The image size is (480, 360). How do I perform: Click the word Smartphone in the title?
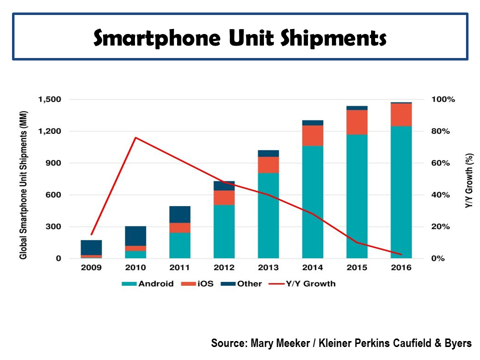click(164, 38)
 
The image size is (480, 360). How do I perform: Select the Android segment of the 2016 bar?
click(401, 192)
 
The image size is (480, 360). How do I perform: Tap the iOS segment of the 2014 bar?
click(312, 135)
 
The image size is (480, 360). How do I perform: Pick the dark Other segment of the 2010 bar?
click(135, 236)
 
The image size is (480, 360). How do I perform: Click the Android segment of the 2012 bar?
click(224, 231)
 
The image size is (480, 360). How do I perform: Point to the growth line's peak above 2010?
click(135, 137)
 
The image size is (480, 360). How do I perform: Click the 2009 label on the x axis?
click(91, 267)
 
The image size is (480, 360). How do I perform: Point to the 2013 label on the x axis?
click(268, 267)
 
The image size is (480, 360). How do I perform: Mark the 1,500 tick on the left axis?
click(49, 99)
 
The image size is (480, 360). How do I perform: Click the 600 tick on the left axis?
click(55, 195)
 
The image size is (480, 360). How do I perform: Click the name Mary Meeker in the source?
click(278, 343)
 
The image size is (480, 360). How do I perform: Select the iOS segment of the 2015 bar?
click(357, 122)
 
